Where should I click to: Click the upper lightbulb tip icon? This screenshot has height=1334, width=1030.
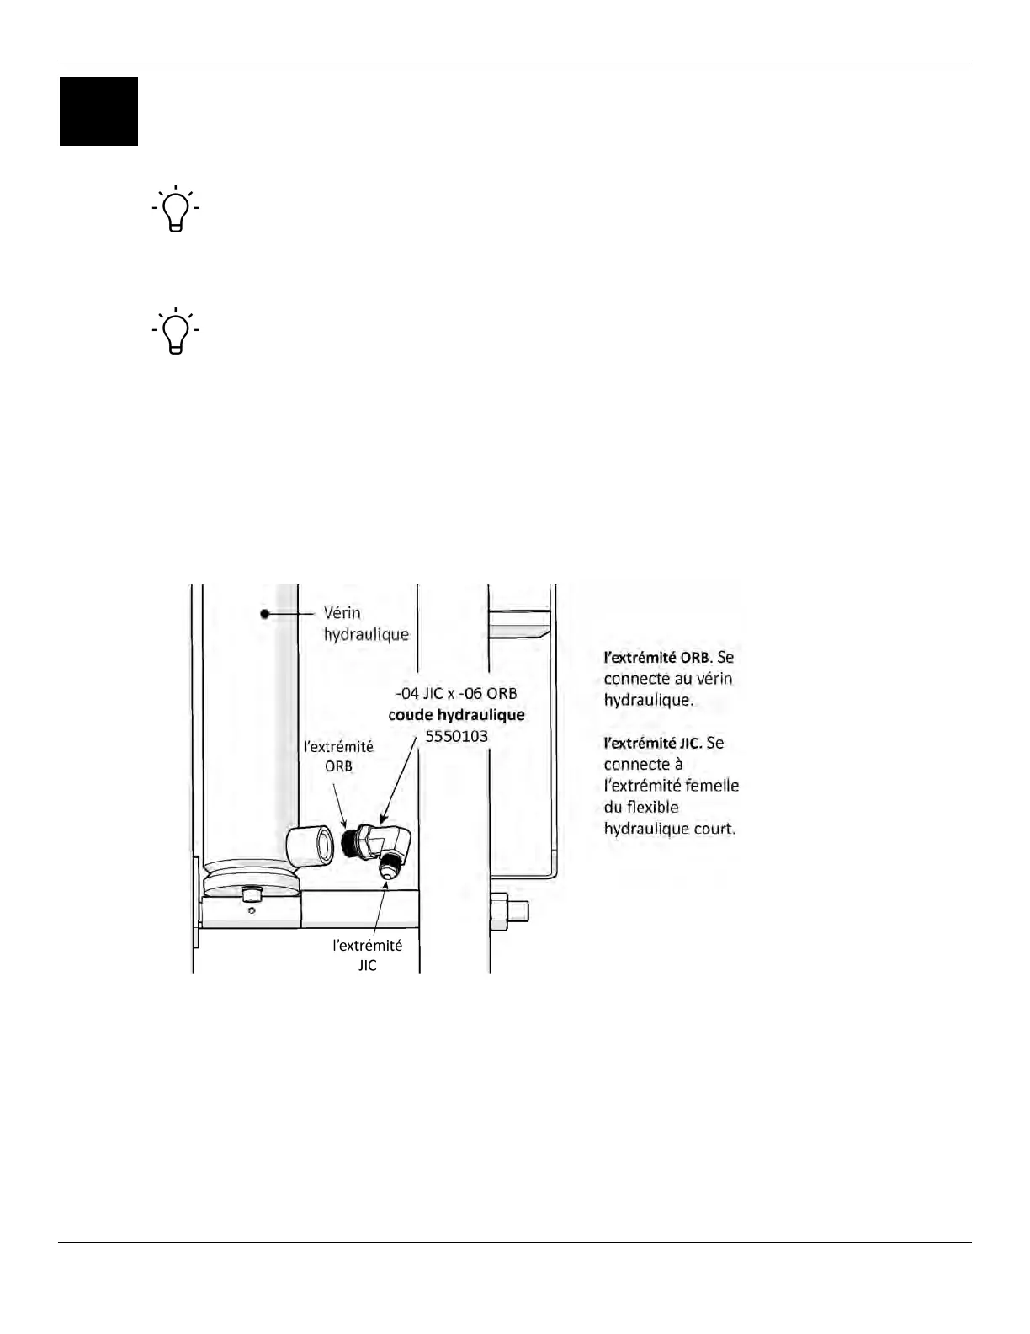point(176,208)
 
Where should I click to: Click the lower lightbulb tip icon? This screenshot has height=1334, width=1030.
point(176,330)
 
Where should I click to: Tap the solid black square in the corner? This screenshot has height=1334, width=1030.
point(98,111)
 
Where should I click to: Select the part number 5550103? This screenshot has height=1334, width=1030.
point(456,736)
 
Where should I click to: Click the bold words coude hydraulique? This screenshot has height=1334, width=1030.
point(456,715)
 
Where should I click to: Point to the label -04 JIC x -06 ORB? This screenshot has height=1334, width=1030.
point(456,694)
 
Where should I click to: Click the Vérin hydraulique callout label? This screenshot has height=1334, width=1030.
point(366,623)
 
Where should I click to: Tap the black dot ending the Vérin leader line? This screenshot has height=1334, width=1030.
point(264,614)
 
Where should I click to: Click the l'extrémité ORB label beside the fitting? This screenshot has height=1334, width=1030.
point(338,756)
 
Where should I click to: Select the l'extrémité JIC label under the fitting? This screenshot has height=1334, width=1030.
point(368,955)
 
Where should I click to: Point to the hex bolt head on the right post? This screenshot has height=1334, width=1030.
point(498,912)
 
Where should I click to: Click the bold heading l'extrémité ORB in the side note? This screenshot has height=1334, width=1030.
point(657,658)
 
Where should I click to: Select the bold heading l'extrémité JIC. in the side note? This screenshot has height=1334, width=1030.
point(653,744)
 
